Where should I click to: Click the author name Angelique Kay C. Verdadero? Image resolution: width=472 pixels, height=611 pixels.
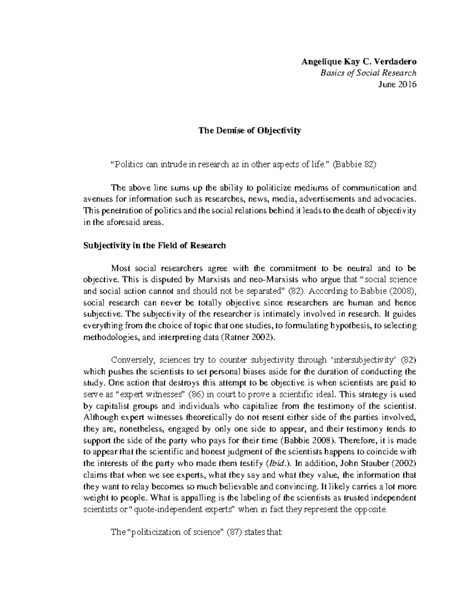click(x=358, y=61)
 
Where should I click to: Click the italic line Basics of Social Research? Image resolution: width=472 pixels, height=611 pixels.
click(x=368, y=73)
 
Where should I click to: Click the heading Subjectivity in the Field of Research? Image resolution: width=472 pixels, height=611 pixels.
click(x=155, y=246)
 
